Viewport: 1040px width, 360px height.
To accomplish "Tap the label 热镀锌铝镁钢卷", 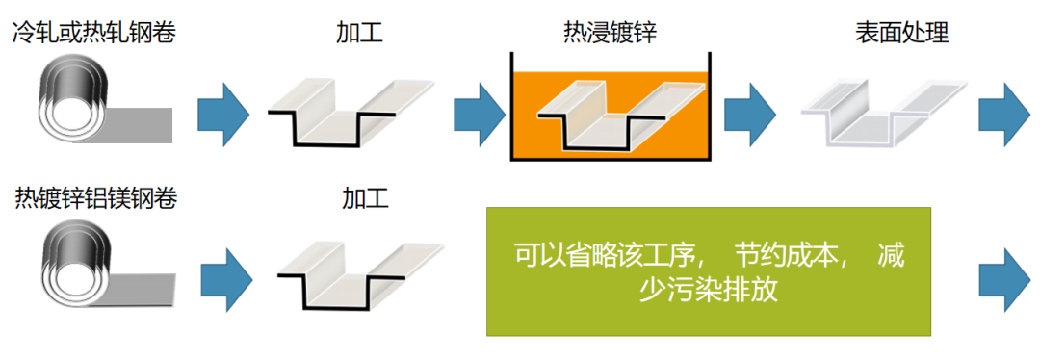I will [95, 198].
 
